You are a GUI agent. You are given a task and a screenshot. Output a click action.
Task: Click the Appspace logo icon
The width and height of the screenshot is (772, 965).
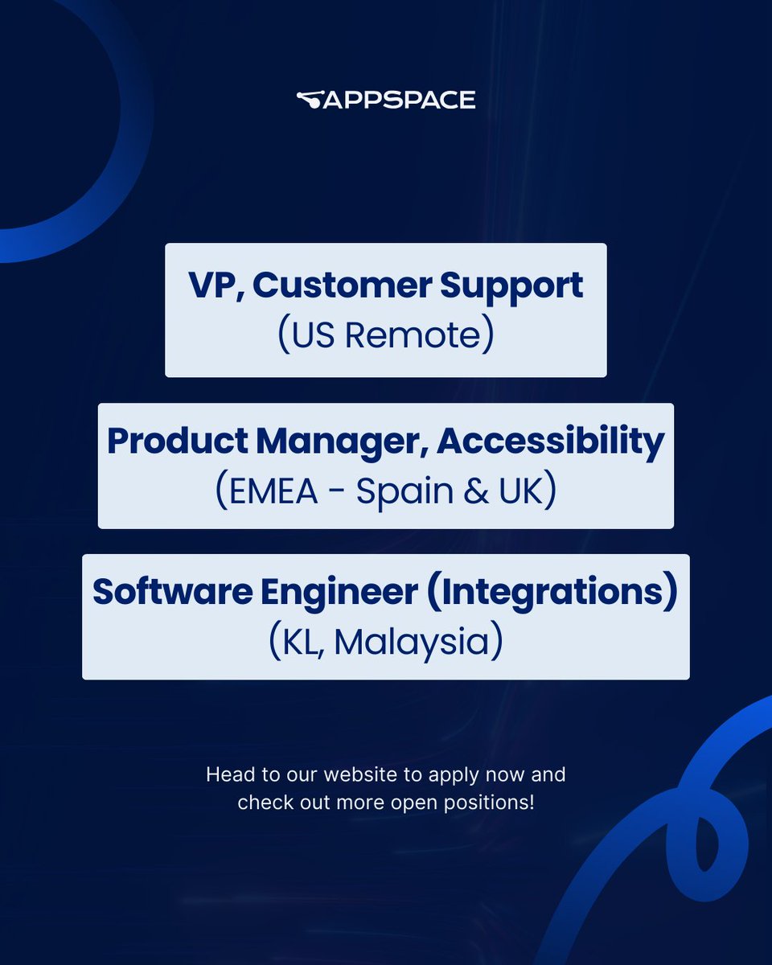coord(310,100)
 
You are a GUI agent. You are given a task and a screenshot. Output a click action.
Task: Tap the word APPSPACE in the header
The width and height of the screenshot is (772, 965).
coord(400,101)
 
